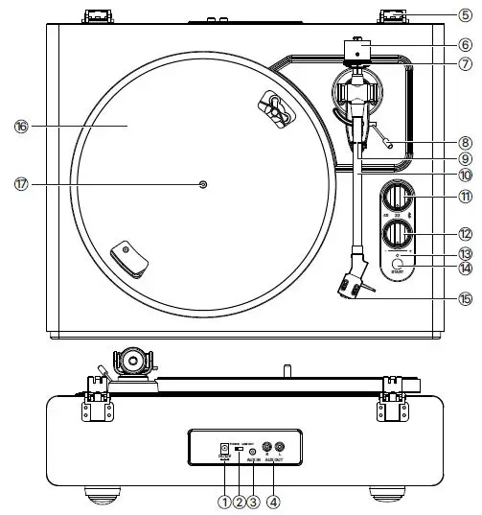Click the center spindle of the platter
pyautogui.click(x=202, y=184)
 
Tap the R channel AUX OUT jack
pyautogui.click(x=267, y=447)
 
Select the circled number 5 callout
pyautogui.click(x=465, y=14)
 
